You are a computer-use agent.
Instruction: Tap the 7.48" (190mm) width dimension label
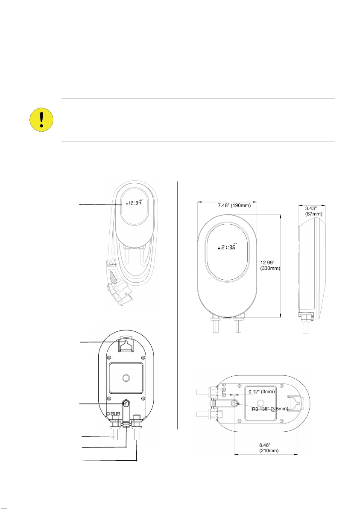pos(234,205)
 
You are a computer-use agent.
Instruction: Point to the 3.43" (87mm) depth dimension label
pos(312,211)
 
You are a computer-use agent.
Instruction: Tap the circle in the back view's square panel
pos(126,378)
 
